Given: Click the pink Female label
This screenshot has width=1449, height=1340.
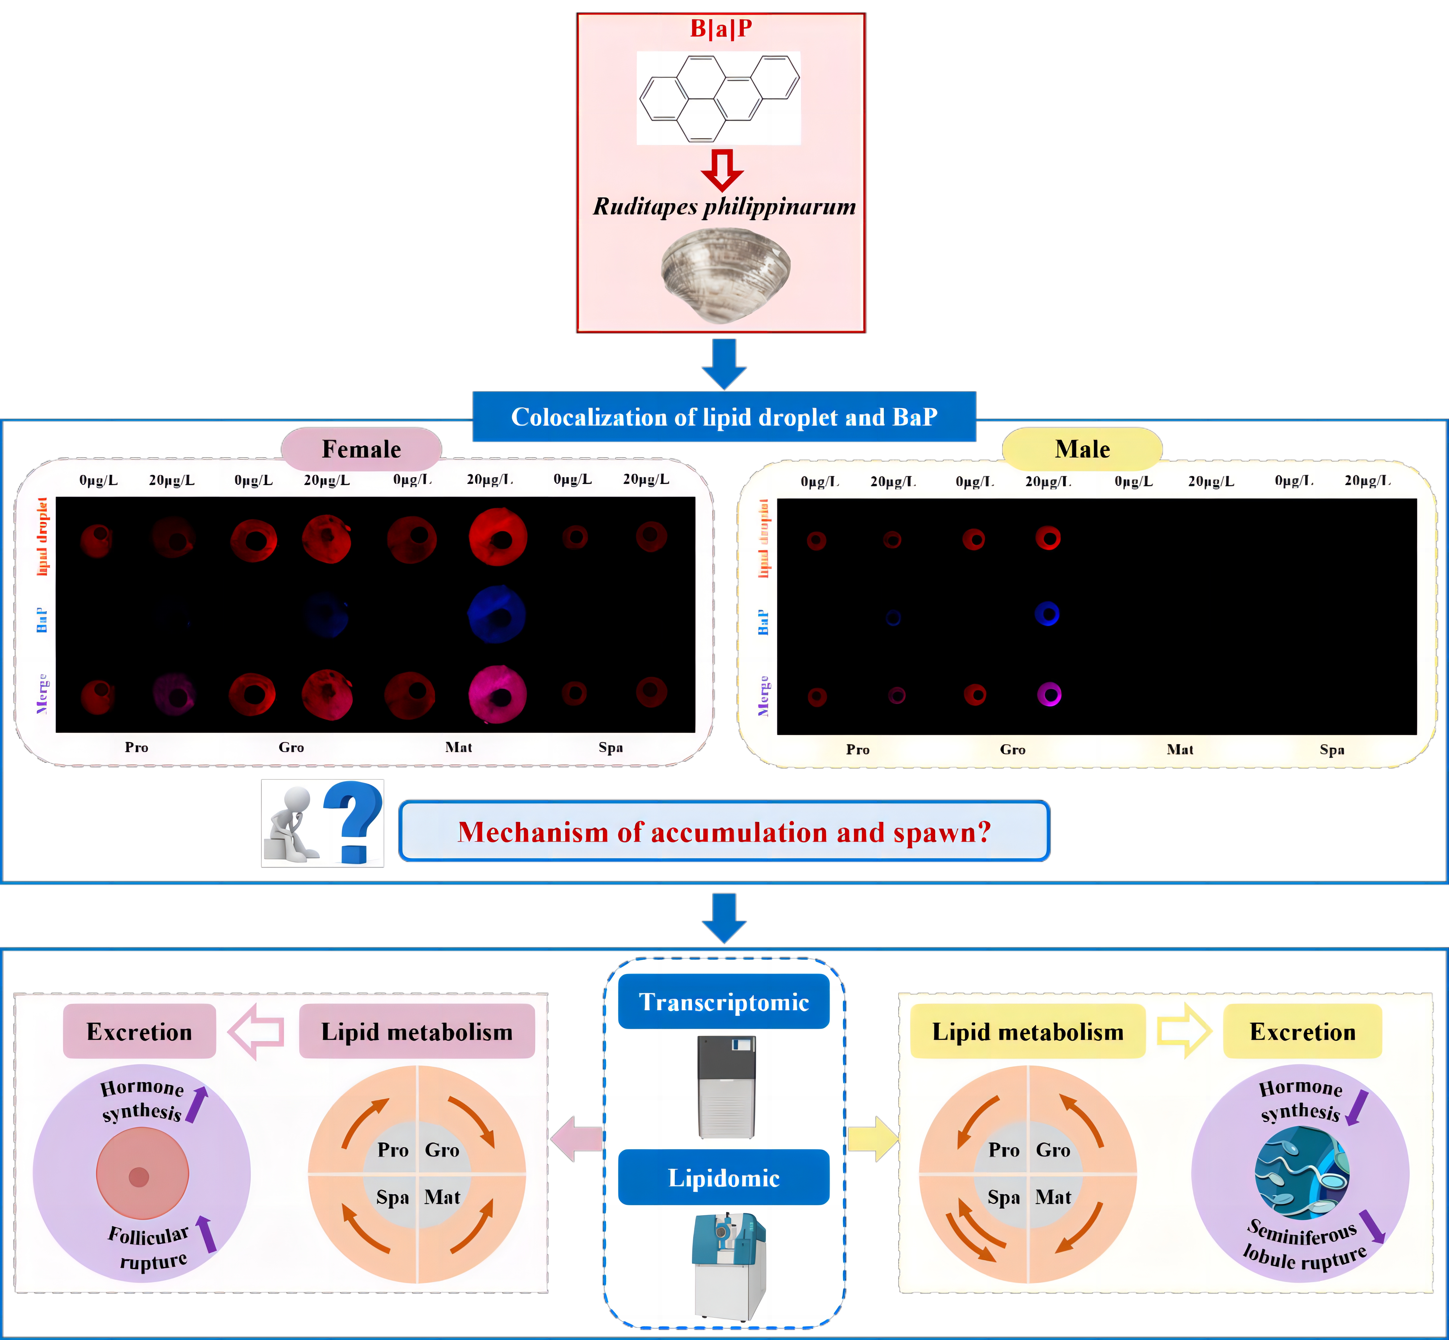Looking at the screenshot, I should coord(361,449).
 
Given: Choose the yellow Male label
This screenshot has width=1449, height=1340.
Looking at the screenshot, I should coord(1082,449).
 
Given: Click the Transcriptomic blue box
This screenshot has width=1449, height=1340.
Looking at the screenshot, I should coord(724,1001).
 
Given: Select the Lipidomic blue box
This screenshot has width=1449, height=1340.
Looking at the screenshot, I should coord(724,1178).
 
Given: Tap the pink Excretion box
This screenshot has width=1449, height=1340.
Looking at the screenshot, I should coord(139,1031).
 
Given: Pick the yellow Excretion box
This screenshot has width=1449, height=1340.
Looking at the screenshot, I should coord(1303,1031).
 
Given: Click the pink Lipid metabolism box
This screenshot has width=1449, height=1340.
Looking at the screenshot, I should coord(417,1031).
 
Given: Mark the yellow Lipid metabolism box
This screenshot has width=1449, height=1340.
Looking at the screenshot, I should coord(1028,1031).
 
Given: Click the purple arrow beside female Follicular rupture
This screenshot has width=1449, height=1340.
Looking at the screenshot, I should coord(207,1234).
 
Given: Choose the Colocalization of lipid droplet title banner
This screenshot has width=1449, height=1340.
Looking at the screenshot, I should coord(724,417).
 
